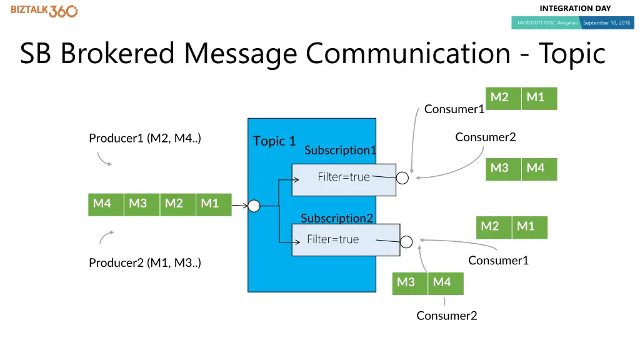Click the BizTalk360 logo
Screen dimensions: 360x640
click(x=44, y=11)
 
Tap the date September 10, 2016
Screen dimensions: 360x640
click(x=606, y=23)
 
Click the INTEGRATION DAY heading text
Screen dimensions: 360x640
click(x=575, y=8)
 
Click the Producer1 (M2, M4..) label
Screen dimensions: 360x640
click(x=145, y=138)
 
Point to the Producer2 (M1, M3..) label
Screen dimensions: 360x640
click(x=145, y=263)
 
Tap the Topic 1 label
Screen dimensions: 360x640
click(x=274, y=141)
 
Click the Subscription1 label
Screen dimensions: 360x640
click(x=341, y=150)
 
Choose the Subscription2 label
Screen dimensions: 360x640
click(x=337, y=218)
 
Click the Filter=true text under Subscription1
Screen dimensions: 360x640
click(x=344, y=177)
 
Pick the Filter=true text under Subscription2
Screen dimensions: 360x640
click(x=333, y=239)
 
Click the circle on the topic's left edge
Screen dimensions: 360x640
click(x=254, y=206)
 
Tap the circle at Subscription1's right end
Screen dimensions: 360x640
click(x=403, y=179)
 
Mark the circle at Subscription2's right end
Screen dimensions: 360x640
click(x=406, y=242)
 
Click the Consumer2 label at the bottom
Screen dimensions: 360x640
click(x=447, y=316)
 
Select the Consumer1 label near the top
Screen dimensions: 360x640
click(x=454, y=109)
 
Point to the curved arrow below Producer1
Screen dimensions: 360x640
click(x=104, y=159)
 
